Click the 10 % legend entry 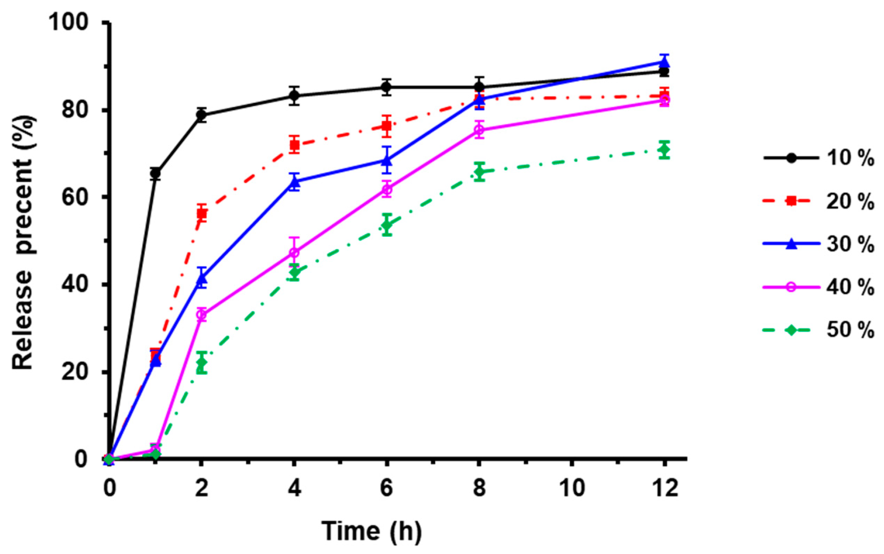coord(818,158)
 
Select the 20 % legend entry coord(818,201)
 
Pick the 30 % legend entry coord(818,244)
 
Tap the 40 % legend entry coord(818,287)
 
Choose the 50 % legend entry coord(818,330)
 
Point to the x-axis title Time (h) coord(371,531)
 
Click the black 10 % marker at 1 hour coord(155,174)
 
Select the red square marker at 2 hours coord(202,213)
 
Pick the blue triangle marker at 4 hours coord(294,181)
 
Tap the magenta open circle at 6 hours coord(387,190)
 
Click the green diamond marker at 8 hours coord(479,171)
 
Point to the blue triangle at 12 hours coord(665,62)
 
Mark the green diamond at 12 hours coord(665,150)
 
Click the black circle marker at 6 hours coord(386,87)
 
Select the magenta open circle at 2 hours coord(202,315)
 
